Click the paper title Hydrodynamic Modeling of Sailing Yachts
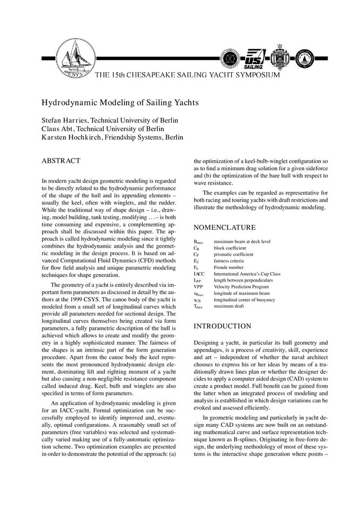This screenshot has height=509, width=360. coord(120,101)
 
